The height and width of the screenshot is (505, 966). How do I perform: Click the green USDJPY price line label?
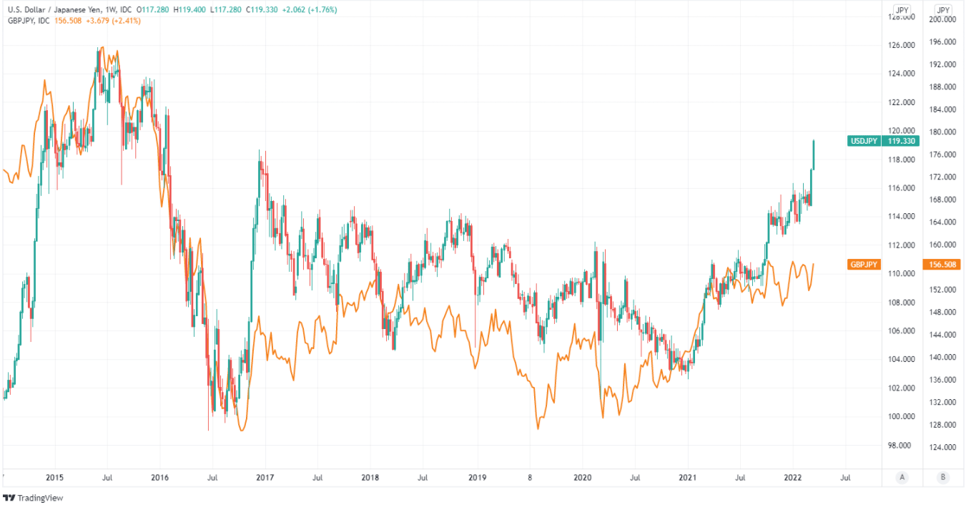point(863,141)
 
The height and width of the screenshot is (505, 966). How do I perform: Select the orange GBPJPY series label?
point(863,265)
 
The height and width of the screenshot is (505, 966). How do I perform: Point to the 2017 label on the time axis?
point(265,476)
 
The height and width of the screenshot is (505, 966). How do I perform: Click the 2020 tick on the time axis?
point(583,476)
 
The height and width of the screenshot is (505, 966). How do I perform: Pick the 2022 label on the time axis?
point(792,476)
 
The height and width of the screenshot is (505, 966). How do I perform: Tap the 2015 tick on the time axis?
point(54,476)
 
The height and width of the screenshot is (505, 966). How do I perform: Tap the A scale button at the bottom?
point(902,476)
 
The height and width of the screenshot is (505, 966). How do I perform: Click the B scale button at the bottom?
point(944,476)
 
